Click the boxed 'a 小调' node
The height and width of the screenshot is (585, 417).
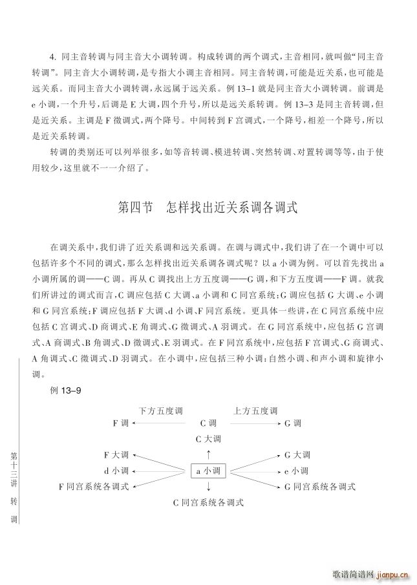(208, 471)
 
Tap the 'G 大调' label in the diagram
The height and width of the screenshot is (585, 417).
(297, 455)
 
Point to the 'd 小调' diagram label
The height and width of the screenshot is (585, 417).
(116, 471)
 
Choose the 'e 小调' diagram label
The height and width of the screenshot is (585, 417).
(297, 471)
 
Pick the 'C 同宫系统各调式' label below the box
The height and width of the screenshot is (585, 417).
(208, 502)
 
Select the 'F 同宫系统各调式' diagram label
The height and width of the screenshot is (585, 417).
(94, 485)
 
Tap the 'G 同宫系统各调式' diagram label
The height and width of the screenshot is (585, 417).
(319, 485)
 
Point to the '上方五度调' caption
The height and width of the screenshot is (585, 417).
(255, 410)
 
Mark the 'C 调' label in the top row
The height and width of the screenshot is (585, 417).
(208, 423)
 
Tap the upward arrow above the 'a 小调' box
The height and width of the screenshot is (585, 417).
(208, 454)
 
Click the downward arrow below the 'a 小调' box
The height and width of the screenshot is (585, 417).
(208, 486)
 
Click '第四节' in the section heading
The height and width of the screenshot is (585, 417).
(136, 208)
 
